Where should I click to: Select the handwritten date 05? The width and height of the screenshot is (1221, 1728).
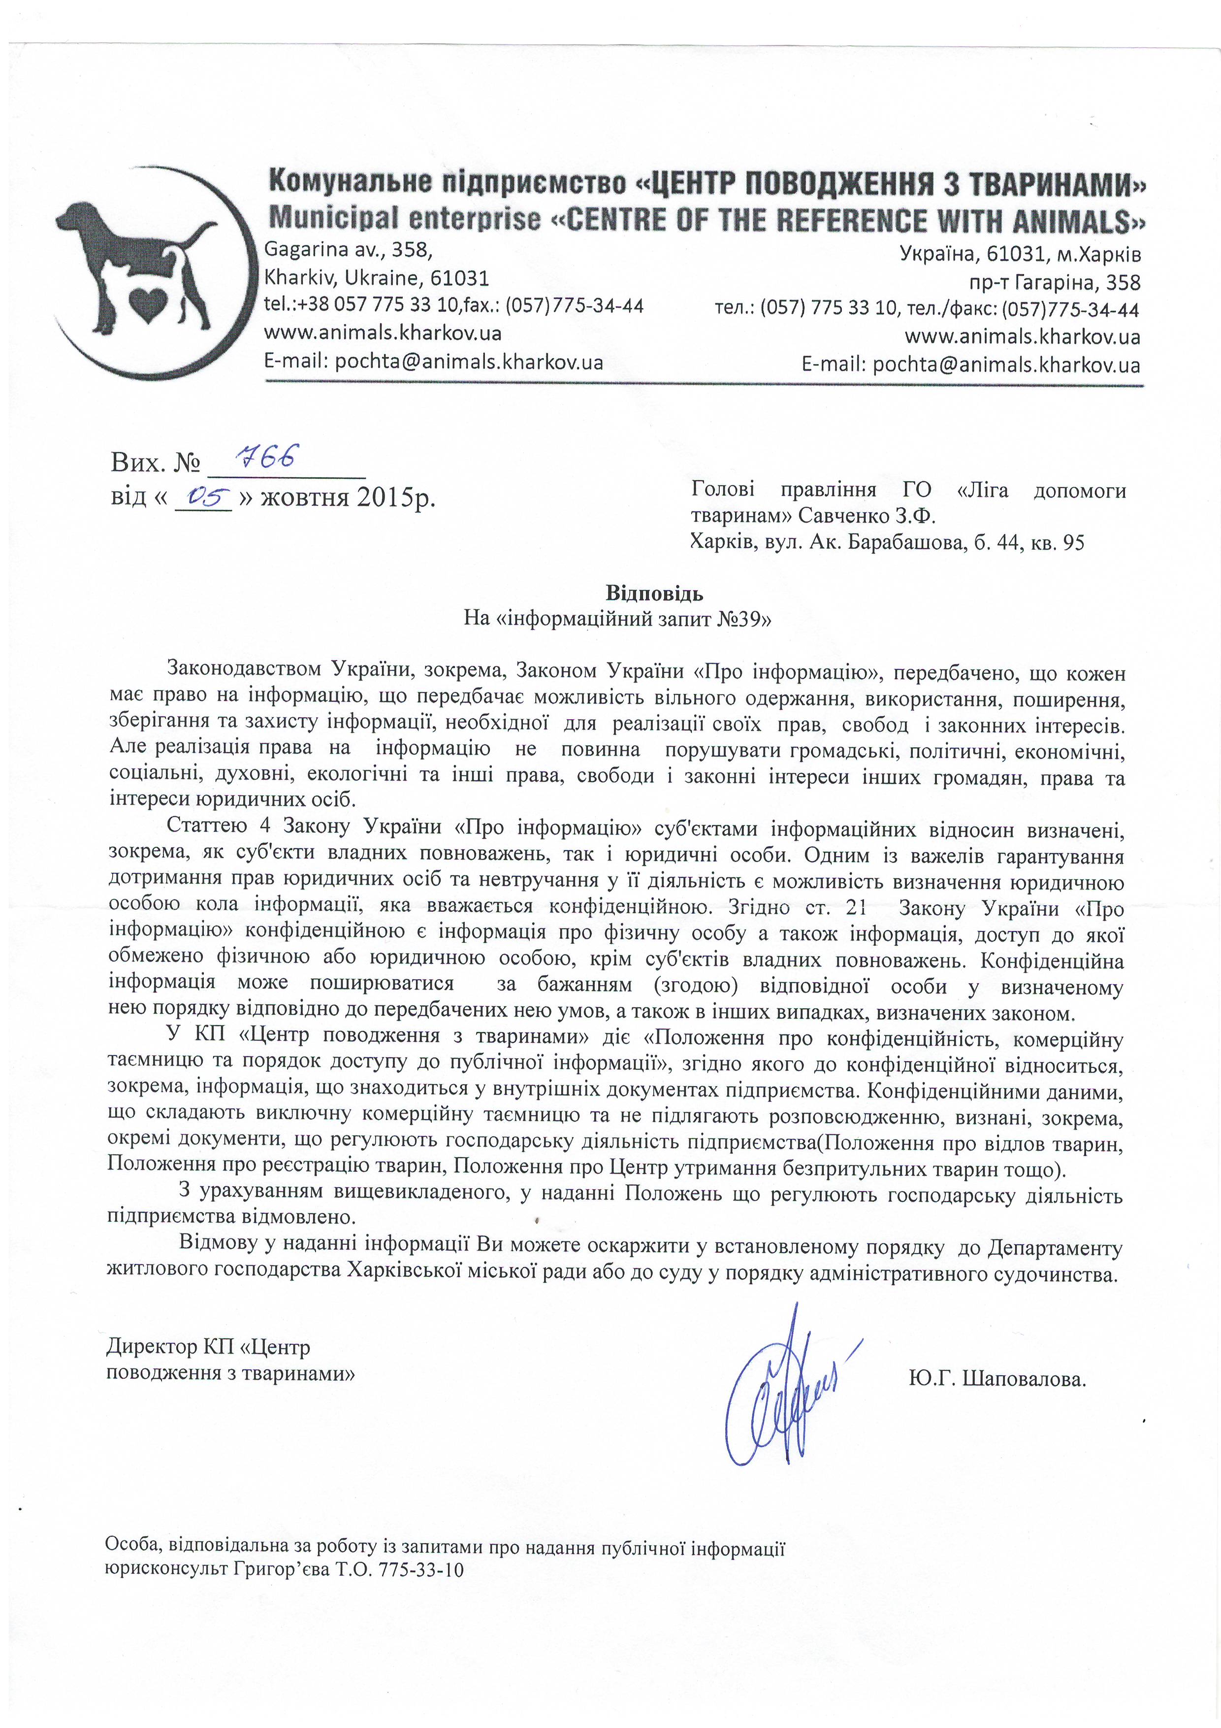click(x=202, y=496)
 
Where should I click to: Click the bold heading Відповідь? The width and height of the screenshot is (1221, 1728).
click(x=654, y=593)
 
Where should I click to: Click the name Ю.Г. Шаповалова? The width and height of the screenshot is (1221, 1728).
click(x=997, y=1380)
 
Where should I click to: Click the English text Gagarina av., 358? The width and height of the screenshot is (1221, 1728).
click(x=348, y=249)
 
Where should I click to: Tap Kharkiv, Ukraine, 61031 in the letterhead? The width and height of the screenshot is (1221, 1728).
click(x=376, y=278)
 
